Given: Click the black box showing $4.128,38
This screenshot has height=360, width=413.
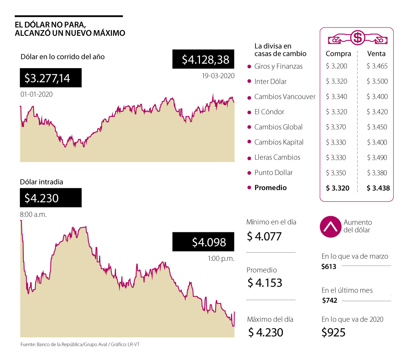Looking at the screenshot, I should click(203, 59).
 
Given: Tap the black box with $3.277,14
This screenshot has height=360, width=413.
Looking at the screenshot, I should click(51, 78).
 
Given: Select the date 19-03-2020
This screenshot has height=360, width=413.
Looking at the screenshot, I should click(218, 76).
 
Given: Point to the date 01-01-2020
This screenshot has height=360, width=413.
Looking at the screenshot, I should click(36, 94).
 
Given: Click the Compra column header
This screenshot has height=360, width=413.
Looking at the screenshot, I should click(338, 54).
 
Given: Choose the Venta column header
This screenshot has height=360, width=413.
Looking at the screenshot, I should click(376, 54).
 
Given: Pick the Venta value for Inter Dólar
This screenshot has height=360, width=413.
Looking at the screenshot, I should click(377, 82).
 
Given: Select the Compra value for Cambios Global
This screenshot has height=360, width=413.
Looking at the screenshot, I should click(336, 127).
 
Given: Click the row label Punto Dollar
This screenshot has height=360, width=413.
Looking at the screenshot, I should click(273, 173).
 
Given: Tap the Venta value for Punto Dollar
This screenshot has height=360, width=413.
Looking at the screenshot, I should click(377, 173).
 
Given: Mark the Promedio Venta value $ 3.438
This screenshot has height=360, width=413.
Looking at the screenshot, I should click(378, 188).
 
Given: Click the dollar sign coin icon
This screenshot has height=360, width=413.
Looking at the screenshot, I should click(358, 37).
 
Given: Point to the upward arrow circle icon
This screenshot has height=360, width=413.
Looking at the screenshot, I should click(330, 227).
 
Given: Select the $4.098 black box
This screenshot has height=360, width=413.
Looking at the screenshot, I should click(203, 242).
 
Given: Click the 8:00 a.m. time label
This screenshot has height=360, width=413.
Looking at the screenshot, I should click(33, 214).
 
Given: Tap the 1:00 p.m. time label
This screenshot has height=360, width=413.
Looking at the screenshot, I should click(221, 258).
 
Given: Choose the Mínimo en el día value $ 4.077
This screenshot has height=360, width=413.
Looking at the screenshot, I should click(264, 236).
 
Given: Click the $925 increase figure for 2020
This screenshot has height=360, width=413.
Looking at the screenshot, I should click(333, 332).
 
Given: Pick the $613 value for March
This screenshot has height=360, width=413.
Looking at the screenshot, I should click(329, 266).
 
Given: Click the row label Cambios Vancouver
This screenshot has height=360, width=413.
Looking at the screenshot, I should click(285, 97).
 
